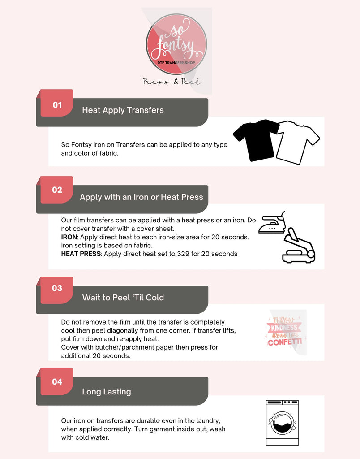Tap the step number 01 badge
(x=57, y=105)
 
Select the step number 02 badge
(x=57, y=190)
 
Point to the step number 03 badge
(x=57, y=288)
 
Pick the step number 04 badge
(x=57, y=382)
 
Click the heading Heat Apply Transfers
(x=123, y=110)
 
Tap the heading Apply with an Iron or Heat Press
(x=141, y=197)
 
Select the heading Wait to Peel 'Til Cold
(x=123, y=297)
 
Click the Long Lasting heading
(x=106, y=391)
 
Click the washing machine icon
(x=282, y=422)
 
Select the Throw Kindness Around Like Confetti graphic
(x=284, y=332)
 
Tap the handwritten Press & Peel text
(x=172, y=82)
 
